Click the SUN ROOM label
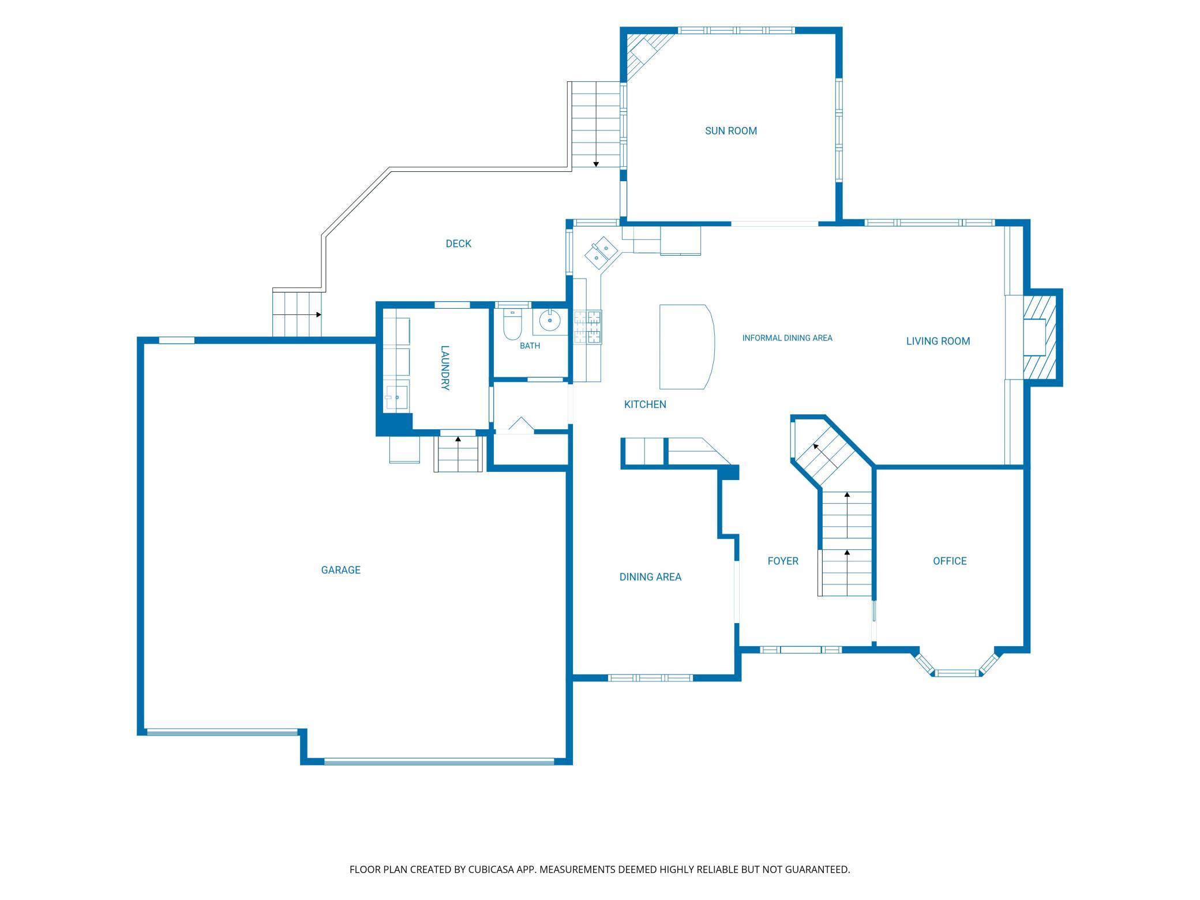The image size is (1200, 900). (730, 131)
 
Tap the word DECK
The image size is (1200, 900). (458, 244)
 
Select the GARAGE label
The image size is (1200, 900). (340, 570)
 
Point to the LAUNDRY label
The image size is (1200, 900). (445, 367)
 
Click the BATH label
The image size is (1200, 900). (530, 346)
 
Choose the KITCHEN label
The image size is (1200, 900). (645, 404)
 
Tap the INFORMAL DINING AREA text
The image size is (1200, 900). (787, 338)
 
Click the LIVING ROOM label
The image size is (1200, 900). (938, 341)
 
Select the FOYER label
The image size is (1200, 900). (783, 561)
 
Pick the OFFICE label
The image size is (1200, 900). (950, 561)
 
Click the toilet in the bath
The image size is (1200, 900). (512, 324)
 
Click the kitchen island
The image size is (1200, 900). (687, 346)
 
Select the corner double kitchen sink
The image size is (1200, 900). (601, 253)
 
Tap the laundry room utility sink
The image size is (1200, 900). (396, 397)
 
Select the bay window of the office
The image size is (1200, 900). (957, 665)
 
